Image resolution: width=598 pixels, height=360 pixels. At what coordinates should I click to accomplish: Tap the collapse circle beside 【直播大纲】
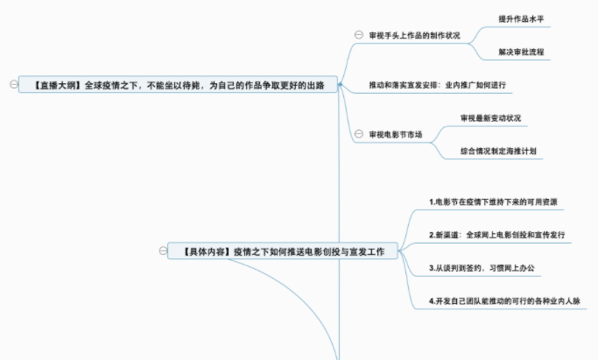[12, 85]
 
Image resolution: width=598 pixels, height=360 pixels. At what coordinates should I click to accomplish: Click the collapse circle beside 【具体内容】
[163, 251]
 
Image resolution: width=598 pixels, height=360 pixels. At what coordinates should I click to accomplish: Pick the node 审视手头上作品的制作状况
[414, 35]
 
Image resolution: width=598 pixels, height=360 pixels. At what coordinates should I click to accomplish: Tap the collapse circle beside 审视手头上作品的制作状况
[358, 35]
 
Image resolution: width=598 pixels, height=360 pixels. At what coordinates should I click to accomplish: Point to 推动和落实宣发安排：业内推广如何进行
[439, 86]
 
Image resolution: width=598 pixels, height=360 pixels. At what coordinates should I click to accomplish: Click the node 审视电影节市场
[396, 135]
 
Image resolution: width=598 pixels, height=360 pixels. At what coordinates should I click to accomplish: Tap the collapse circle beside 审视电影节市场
[358, 135]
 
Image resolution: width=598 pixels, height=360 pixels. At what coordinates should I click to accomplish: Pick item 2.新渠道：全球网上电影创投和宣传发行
[496, 235]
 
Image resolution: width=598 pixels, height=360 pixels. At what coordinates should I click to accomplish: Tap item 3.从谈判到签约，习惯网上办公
[489, 267]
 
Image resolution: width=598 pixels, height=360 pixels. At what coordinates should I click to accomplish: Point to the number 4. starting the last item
[432, 301]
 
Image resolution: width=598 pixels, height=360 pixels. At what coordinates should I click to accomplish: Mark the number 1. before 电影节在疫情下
[432, 201]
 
